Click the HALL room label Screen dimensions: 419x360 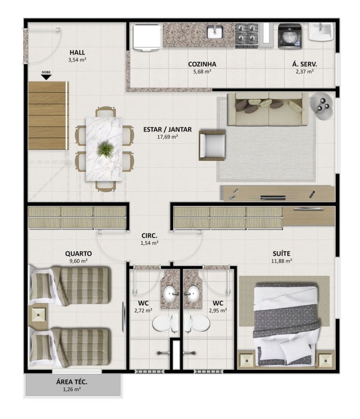click(x=77, y=52)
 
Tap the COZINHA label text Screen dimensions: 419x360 click(x=202, y=64)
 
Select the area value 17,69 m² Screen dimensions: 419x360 click(x=168, y=137)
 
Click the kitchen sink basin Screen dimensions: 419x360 click(x=216, y=32)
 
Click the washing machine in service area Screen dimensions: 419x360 click(x=289, y=36)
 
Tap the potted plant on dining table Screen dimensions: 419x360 click(x=105, y=149)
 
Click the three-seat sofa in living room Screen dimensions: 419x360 click(x=268, y=109)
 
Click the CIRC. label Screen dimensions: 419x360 click(x=149, y=236)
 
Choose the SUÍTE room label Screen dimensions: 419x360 click(x=282, y=253)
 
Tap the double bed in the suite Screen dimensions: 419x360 click(x=285, y=321)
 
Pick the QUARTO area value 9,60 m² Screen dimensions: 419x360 click(x=78, y=261)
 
